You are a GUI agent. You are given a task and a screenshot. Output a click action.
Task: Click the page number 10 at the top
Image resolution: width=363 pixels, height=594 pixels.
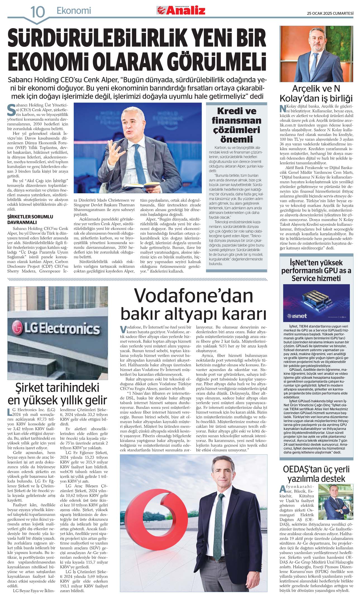pos(37,12)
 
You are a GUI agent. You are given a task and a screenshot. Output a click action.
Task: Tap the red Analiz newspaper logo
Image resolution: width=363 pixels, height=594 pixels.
pos(181,11)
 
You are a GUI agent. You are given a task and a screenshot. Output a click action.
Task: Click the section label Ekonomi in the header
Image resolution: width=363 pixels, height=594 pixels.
pos(74,11)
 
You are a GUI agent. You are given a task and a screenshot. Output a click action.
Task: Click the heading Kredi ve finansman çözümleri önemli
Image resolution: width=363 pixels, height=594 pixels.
pos(237,125)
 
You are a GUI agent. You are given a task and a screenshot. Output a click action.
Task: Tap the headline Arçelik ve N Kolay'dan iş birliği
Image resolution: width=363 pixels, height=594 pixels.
pos(316,93)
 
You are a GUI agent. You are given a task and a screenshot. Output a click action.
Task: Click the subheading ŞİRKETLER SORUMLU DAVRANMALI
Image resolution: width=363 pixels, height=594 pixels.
pos(30,219)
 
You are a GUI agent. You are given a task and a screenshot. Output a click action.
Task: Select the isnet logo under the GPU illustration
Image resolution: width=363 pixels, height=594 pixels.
pos(297,316)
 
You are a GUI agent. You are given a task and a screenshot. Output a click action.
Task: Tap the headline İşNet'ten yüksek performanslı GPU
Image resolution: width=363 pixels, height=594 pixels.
pos(316,270)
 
